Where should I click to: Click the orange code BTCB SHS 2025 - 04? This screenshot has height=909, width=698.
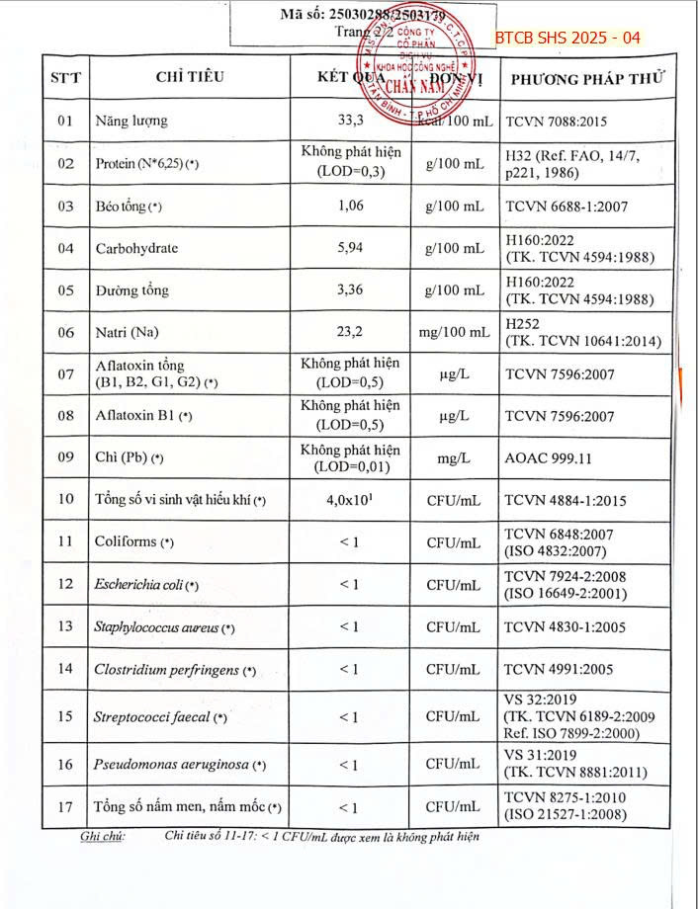click(567, 38)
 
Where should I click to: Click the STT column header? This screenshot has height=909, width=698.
click(65, 78)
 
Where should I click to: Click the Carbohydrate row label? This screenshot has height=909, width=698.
click(136, 248)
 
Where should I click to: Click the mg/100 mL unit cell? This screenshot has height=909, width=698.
click(453, 332)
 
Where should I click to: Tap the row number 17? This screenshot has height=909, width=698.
click(65, 806)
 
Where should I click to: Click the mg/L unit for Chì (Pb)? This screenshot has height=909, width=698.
click(453, 458)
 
